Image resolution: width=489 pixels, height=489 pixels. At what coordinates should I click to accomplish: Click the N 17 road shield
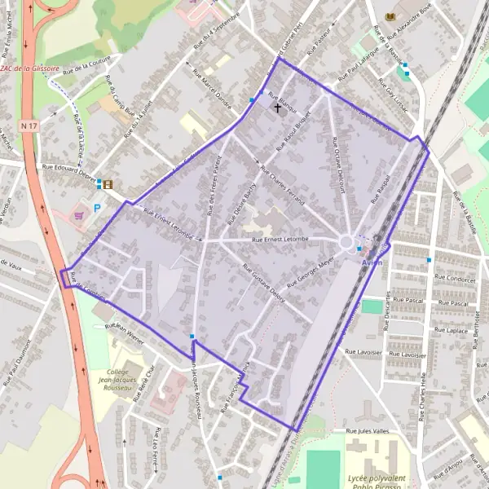[x=30, y=126]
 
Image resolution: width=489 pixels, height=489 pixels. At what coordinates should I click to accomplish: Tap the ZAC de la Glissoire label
[x=30, y=69]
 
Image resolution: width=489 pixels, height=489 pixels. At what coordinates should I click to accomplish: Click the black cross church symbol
[x=277, y=107]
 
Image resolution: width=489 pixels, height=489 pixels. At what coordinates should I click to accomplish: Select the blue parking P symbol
[x=97, y=209]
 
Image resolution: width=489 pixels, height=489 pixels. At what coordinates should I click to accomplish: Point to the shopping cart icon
[x=79, y=216]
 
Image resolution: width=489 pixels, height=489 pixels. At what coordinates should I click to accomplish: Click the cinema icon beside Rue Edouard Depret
[x=108, y=184]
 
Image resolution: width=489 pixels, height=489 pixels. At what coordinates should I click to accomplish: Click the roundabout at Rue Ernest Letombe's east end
[x=347, y=242]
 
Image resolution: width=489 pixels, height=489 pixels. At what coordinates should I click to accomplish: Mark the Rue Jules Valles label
[x=367, y=430]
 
